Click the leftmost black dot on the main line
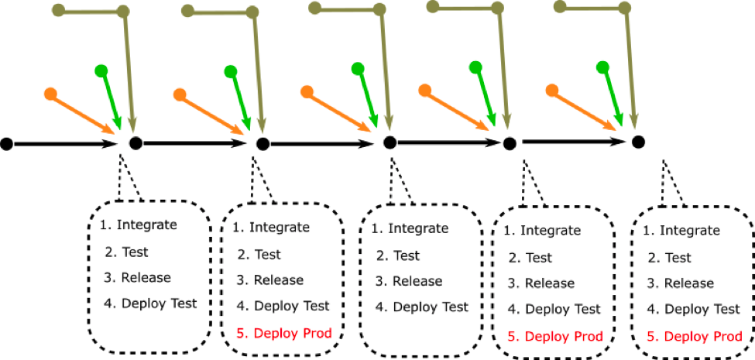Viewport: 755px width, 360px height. [x=7, y=144]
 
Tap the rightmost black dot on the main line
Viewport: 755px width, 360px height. [x=638, y=142]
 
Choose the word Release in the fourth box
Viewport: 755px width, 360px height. [x=550, y=283]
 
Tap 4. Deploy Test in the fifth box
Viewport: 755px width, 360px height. [x=693, y=309]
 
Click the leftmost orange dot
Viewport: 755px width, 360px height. [x=51, y=94]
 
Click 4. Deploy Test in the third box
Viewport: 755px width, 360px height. [x=421, y=307]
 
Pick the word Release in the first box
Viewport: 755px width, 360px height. [x=146, y=277]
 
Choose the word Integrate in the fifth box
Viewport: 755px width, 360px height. [x=689, y=230]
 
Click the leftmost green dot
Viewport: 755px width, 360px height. [x=101, y=71]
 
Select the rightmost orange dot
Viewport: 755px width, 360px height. [x=552, y=91]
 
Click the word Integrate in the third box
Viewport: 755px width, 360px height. [x=418, y=228]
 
